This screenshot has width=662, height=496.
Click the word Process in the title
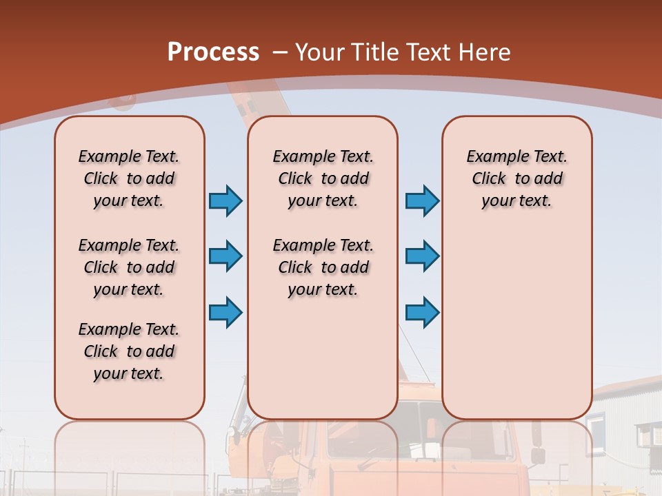pyautogui.click(x=213, y=52)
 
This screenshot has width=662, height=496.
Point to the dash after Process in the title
pyautogui.click(x=280, y=52)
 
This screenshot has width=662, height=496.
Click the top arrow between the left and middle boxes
pyautogui.click(x=225, y=201)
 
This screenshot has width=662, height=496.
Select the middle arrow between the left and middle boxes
pyautogui.click(x=225, y=256)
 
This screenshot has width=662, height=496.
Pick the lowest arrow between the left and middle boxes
pyautogui.click(x=225, y=312)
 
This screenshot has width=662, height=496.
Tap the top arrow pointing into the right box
pyautogui.click(x=422, y=201)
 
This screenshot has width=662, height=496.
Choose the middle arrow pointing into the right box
pyautogui.click(x=422, y=256)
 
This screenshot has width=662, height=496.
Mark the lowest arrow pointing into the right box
pyautogui.click(x=422, y=312)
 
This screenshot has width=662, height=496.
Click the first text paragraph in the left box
pyautogui.click(x=129, y=178)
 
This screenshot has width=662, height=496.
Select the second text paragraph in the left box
pyautogui.click(x=129, y=267)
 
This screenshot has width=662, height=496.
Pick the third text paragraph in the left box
pyautogui.click(x=129, y=351)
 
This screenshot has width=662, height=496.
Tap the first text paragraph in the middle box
pyautogui.click(x=323, y=178)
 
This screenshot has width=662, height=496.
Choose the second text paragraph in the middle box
pyautogui.click(x=323, y=267)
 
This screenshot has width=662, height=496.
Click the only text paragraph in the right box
pyautogui.click(x=516, y=178)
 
